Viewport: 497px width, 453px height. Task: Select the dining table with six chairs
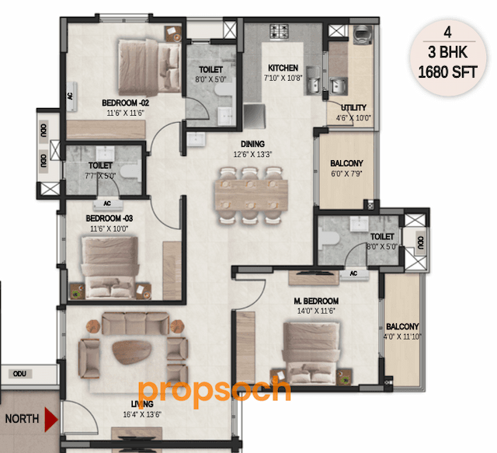coord(248,194)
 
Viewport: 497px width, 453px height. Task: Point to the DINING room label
coord(252,144)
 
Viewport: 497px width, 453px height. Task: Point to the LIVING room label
coord(141,404)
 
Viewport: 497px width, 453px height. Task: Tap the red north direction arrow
coord(51,420)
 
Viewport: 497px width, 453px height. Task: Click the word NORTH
coord(22,419)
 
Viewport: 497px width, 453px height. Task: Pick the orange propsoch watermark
coord(214,389)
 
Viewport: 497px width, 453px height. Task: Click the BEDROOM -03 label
coord(109,219)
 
